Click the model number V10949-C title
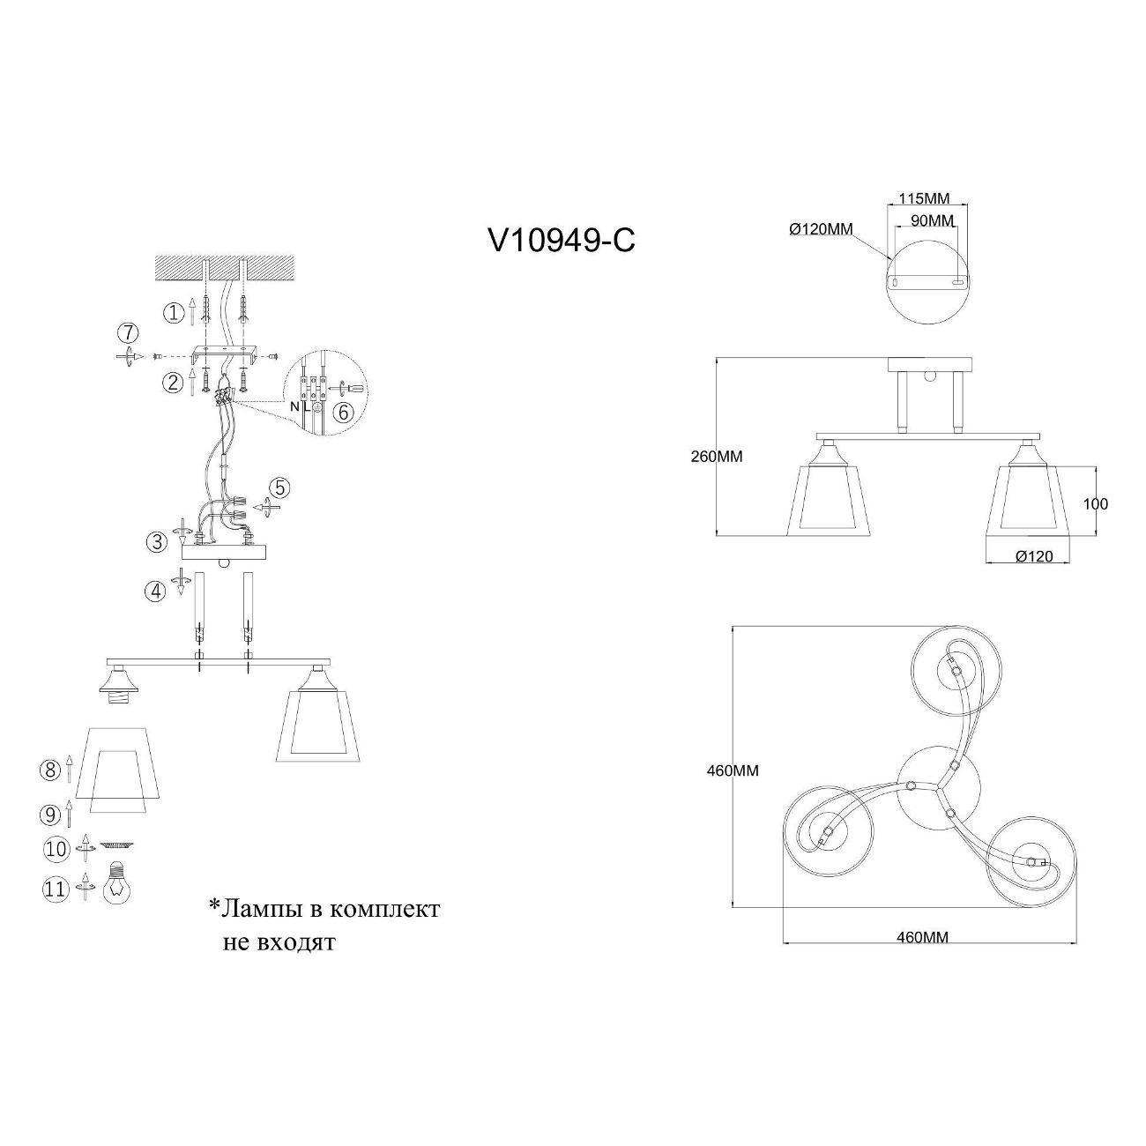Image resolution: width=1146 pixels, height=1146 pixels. coord(562,242)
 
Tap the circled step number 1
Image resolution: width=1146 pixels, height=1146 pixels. coord(174,312)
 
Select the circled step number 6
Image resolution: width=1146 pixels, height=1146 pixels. coord(343,412)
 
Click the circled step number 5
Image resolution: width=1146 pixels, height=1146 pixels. coord(279,487)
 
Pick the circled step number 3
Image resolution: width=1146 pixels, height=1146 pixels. coord(158,542)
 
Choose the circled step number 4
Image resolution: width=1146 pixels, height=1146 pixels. coord(156,592)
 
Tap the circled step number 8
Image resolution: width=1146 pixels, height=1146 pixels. coord(50,770)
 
